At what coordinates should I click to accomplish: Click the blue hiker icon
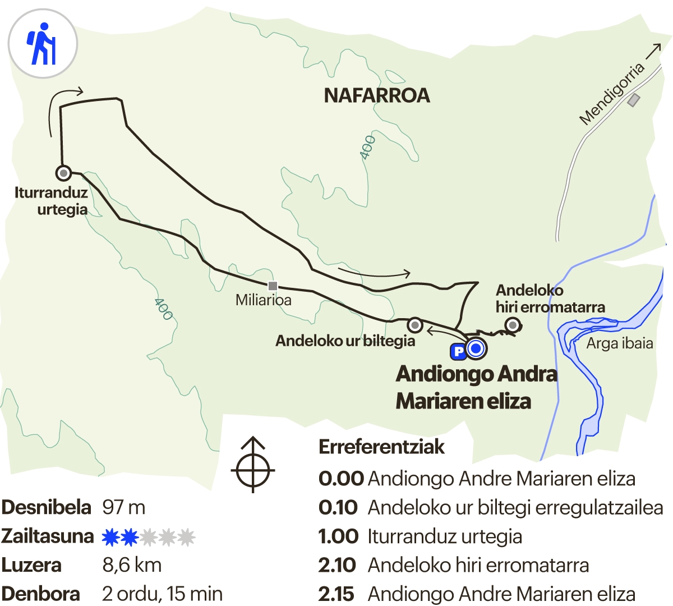(x=42, y=44)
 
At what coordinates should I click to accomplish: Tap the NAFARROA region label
(x=377, y=95)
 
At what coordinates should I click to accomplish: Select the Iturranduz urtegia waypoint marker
(x=63, y=172)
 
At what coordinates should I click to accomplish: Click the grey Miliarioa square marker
(x=273, y=286)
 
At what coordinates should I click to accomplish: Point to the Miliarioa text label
(x=264, y=300)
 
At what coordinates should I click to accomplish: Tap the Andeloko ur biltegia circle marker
(x=414, y=324)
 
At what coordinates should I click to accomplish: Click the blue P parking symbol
(x=458, y=351)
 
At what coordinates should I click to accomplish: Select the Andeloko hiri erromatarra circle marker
(x=512, y=324)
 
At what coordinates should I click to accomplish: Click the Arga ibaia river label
(x=620, y=343)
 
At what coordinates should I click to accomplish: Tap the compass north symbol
(x=253, y=465)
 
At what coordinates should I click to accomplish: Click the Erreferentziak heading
(x=381, y=447)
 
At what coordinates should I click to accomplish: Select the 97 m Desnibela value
(x=123, y=507)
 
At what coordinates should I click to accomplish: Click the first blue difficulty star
(x=110, y=537)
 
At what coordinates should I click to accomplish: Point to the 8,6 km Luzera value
(x=132, y=565)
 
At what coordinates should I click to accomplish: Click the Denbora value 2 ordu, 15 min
(x=162, y=594)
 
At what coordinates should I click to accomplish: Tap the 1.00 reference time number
(x=338, y=536)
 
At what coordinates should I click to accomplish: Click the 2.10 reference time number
(x=337, y=565)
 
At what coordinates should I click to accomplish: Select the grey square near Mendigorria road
(x=634, y=100)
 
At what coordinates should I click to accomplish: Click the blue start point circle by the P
(x=476, y=349)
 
